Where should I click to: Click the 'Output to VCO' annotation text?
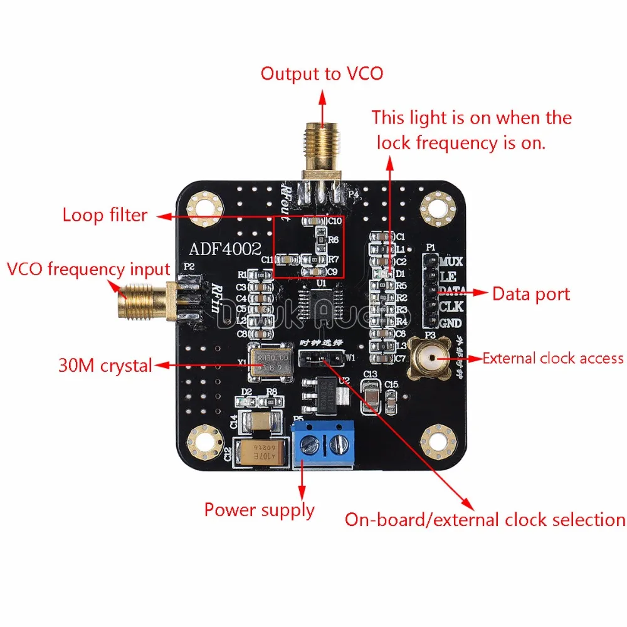[322, 73]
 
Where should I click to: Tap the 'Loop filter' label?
[105, 215]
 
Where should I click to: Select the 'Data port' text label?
[531, 293]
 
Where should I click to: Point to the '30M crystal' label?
[105, 366]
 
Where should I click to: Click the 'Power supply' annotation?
[259, 510]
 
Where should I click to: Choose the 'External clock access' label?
[553, 358]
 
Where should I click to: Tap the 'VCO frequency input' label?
[88, 270]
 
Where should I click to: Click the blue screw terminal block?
[324, 442]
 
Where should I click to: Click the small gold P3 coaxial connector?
[428, 359]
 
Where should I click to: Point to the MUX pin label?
[451, 261]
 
